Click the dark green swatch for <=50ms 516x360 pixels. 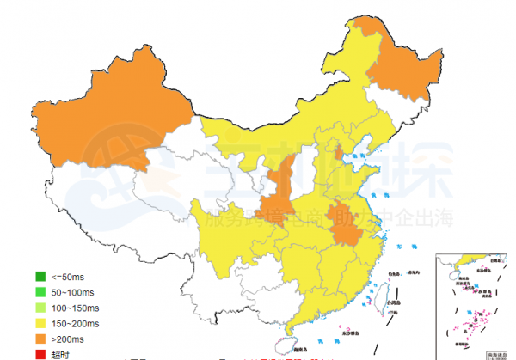(40, 277)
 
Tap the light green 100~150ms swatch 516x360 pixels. (40, 308)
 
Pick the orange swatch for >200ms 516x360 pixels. (40, 339)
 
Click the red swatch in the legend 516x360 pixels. (40, 353)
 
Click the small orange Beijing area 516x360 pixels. (339, 154)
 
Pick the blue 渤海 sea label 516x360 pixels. (360, 156)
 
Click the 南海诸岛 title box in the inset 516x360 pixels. (495, 352)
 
